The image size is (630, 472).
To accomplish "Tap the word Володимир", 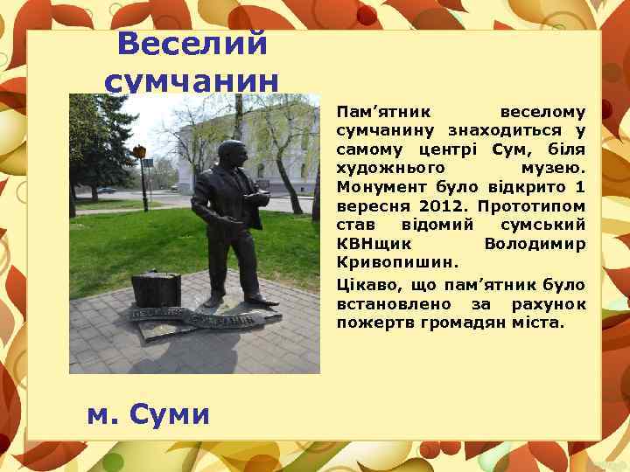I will (x=535, y=243).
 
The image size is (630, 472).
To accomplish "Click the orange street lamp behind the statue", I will (x=139, y=152).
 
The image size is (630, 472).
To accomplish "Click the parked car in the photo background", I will (x=106, y=190).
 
